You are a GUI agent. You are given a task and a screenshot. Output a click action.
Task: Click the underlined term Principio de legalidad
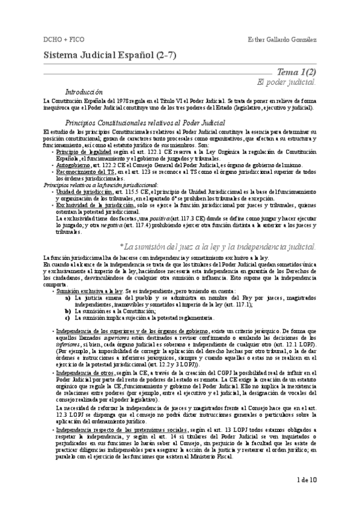(76, 153)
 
